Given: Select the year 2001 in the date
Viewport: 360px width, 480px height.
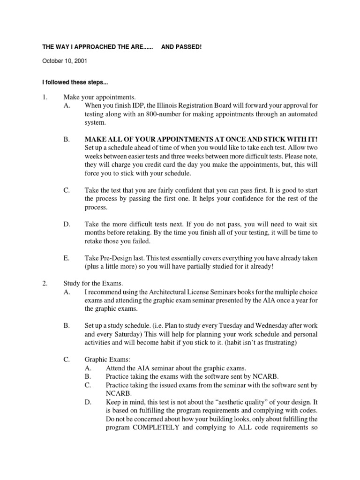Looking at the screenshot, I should point(80,61).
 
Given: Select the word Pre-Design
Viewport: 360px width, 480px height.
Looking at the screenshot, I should point(115,258).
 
